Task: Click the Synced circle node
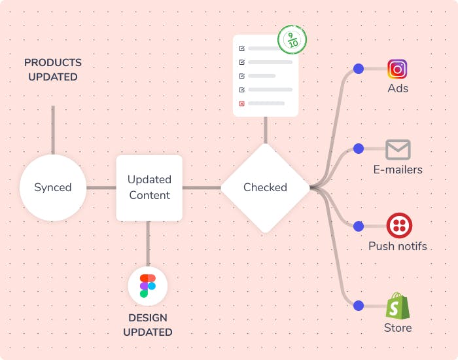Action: pos(53,187)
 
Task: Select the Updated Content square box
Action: pos(149,187)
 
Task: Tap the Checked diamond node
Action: pos(265,187)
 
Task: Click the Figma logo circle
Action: pos(148,286)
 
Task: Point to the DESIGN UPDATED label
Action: pos(148,325)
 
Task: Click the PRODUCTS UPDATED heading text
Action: pos(53,69)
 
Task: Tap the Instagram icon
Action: pos(397,69)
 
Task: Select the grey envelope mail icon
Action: pos(397,150)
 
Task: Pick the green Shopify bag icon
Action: pos(397,306)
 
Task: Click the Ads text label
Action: pos(397,88)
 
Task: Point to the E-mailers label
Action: pos(398,170)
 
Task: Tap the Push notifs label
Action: pos(397,246)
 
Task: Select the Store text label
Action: pos(398,327)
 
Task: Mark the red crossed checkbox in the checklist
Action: pos(242,103)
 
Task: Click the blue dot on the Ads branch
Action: pos(358,68)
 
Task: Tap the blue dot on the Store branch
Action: pos(358,306)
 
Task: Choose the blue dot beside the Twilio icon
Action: pos(358,226)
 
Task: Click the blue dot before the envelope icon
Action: pos(358,149)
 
